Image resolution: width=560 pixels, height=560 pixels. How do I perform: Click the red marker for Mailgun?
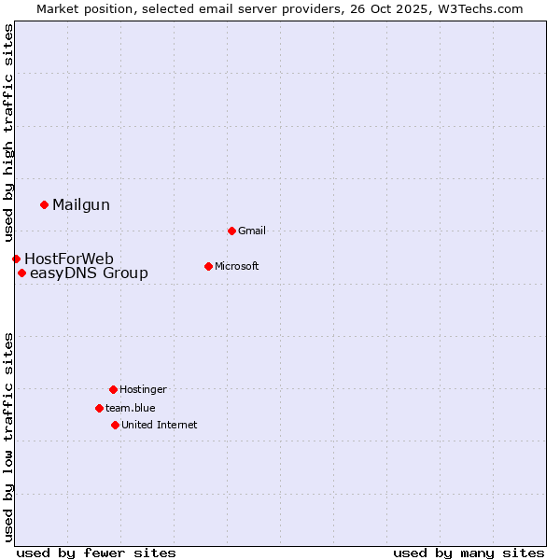point(44,204)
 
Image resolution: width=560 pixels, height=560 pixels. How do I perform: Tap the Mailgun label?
point(81,205)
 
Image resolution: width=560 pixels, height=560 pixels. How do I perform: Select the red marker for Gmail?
point(231,231)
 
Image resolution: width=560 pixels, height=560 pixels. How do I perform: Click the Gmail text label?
point(252,231)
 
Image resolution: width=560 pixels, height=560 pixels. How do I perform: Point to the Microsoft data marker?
point(208,266)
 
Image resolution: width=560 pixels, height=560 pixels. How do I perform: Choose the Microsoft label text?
point(237,267)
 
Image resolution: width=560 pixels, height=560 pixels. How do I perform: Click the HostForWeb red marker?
point(16,259)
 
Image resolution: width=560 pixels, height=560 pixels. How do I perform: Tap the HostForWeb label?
point(69,259)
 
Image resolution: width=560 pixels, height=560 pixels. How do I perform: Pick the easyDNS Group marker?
point(21,273)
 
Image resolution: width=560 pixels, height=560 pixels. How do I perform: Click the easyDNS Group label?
point(89,273)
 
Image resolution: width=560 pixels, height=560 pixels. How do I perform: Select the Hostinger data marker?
point(113,389)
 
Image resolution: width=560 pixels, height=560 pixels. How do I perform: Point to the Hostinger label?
point(143,390)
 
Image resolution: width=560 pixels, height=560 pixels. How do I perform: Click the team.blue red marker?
point(99,408)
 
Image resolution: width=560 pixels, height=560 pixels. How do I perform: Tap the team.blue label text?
point(131,409)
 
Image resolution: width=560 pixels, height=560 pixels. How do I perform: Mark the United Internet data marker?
point(115,425)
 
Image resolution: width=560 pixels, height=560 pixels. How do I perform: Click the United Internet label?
point(160,426)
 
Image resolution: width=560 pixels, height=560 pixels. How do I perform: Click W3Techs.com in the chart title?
point(483,8)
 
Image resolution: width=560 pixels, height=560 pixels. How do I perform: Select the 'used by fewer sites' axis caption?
point(96,553)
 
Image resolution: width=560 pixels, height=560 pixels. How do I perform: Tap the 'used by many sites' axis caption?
point(469,553)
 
